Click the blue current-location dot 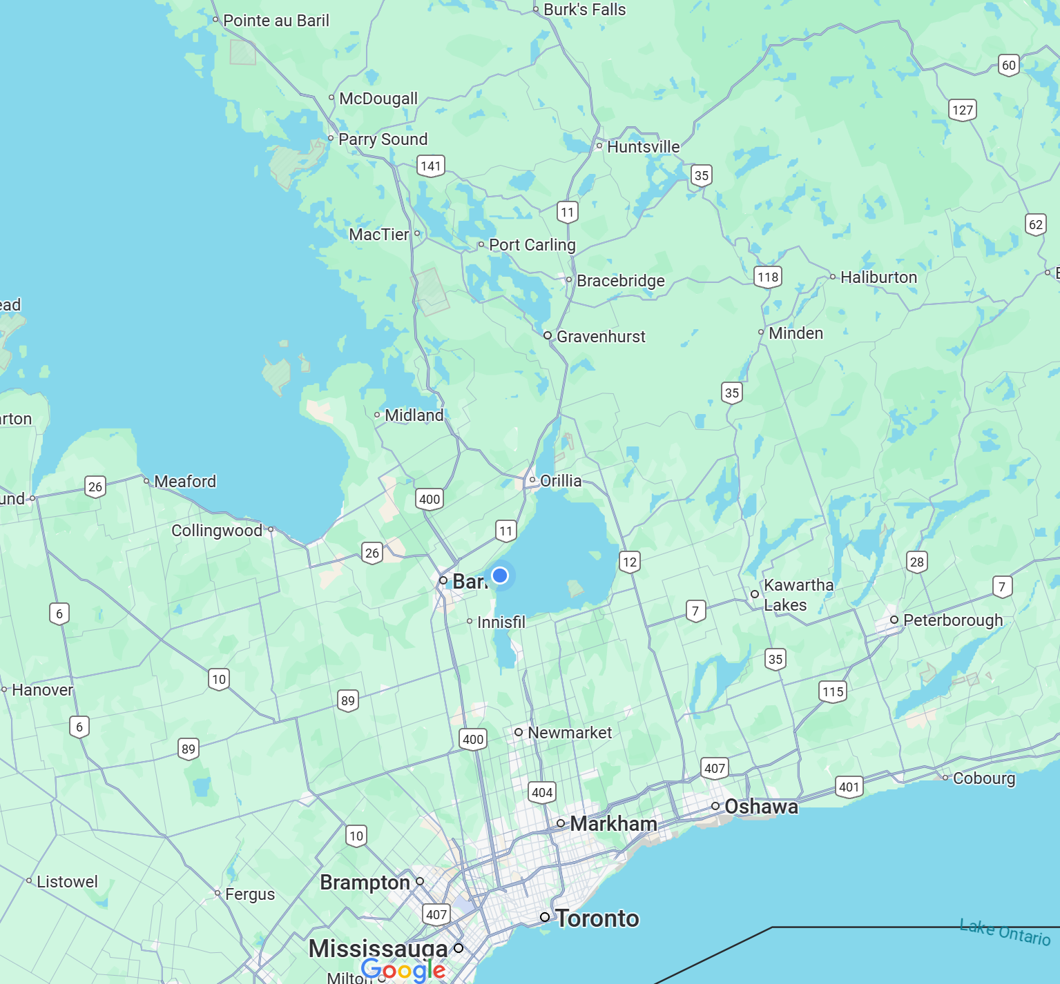(500, 575)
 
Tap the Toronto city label (597, 918)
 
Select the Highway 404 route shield (542, 792)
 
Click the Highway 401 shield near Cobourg (849, 787)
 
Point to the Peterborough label (953, 620)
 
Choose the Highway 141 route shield (431, 166)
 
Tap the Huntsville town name (643, 147)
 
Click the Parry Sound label (383, 139)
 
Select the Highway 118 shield (768, 277)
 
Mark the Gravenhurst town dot (548, 335)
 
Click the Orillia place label (561, 481)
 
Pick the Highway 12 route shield (630, 562)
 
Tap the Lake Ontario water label (1005, 932)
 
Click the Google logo (403, 970)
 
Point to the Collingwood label (217, 531)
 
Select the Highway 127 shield (963, 110)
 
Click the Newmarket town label (570, 733)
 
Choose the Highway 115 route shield (833, 691)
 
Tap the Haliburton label (878, 277)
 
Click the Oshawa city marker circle (715, 806)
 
